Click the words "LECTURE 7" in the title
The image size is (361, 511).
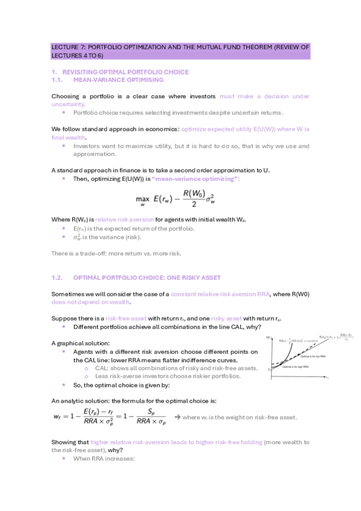tap(65, 46)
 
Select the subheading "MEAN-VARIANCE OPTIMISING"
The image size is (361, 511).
tap(118, 80)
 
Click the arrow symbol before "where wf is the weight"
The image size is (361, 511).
tap(177, 418)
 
